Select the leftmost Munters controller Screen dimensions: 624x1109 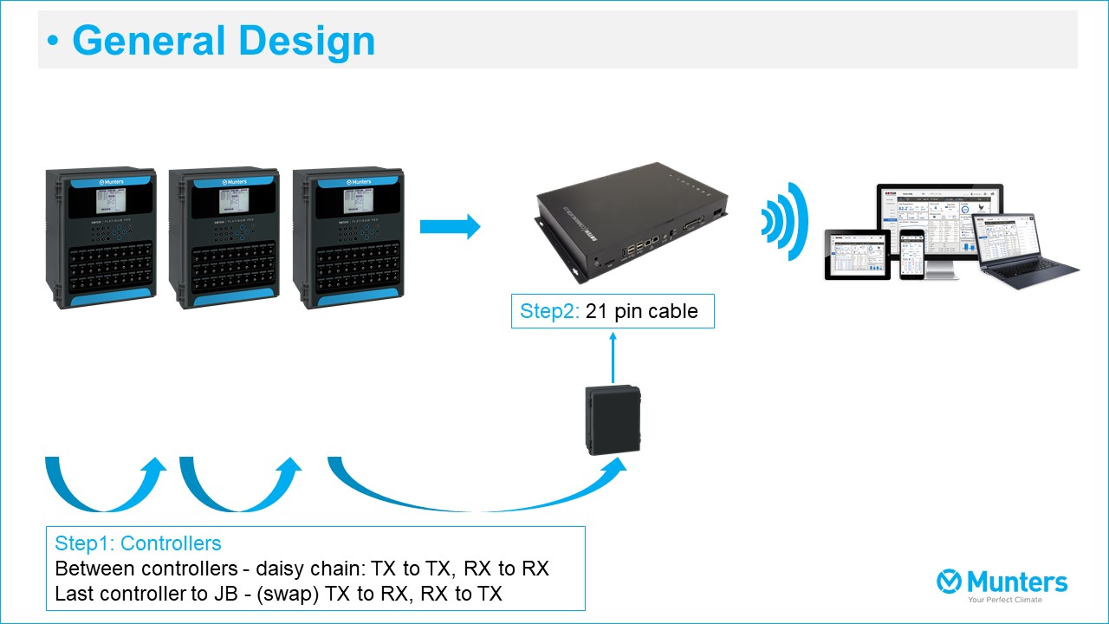point(102,238)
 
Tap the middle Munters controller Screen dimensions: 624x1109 point(225,238)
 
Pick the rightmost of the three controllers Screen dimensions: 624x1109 point(348,238)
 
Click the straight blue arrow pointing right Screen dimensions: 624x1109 point(450,227)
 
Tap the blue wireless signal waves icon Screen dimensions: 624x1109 point(784,222)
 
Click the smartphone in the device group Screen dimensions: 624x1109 point(911,255)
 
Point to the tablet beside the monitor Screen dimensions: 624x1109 point(851,253)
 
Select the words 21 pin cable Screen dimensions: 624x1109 point(642,312)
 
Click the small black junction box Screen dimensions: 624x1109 point(613,420)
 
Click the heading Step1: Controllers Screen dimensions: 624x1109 point(138,543)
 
